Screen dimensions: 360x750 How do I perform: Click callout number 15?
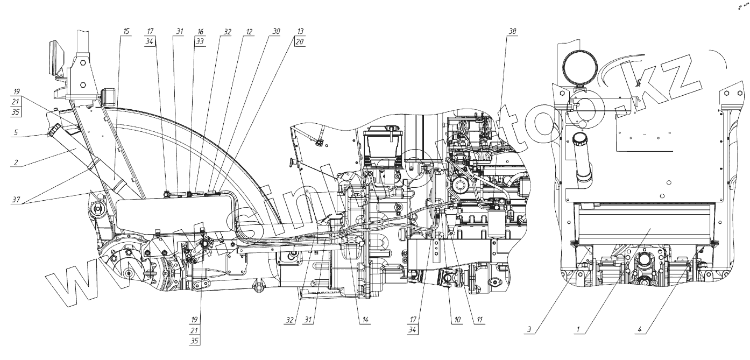pyautogui.click(x=126, y=32)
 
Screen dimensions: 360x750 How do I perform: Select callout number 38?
pyautogui.click(x=512, y=32)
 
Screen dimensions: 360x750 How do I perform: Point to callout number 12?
pyautogui.click(x=249, y=32)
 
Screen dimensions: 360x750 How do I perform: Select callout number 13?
pyautogui.click(x=300, y=32)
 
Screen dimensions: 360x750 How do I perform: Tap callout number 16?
pyautogui.click(x=200, y=32)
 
